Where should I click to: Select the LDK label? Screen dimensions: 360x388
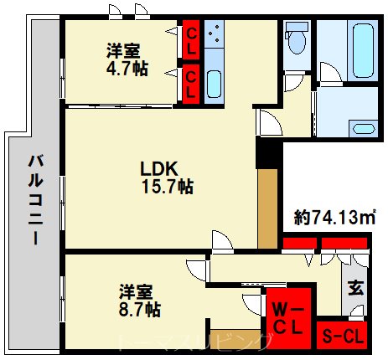tap(158, 167)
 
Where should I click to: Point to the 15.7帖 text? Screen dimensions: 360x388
tap(167, 187)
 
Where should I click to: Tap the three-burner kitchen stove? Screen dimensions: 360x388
tap(215, 35)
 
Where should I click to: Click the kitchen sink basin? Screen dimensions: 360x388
tap(214, 84)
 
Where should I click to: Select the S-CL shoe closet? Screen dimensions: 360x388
tap(343, 336)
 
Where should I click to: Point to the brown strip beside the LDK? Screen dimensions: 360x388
tap(268, 209)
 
